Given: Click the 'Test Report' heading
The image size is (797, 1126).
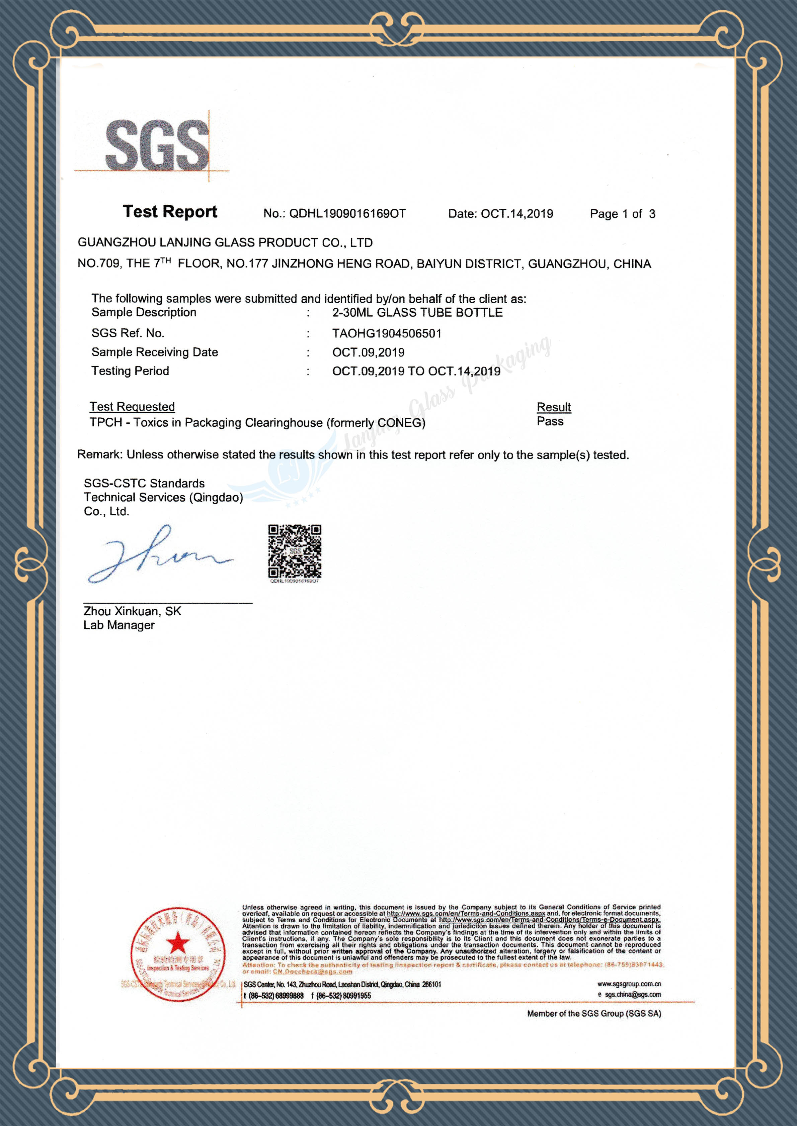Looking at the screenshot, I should click(170, 212).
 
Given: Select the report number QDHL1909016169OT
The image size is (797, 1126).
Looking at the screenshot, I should click(347, 214).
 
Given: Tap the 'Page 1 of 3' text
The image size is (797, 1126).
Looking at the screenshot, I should click(622, 214).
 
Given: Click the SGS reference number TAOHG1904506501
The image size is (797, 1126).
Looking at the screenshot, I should click(387, 333).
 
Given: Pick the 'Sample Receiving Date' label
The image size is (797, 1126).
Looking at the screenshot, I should click(155, 352).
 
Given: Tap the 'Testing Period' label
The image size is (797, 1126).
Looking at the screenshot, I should click(130, 371).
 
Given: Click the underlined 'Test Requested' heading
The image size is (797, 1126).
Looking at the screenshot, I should click(132, 407).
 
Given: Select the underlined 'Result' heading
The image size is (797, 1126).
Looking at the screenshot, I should click(554, 407).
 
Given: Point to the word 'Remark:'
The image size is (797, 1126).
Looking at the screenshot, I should click(100, 454).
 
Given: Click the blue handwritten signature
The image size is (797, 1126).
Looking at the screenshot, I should click(157, 554).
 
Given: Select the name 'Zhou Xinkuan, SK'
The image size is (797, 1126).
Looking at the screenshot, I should click(132, 611).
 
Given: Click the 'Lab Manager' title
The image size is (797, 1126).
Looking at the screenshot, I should click(119, 625).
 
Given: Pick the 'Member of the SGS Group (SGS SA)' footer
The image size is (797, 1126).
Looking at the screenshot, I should click(594, 1013).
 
